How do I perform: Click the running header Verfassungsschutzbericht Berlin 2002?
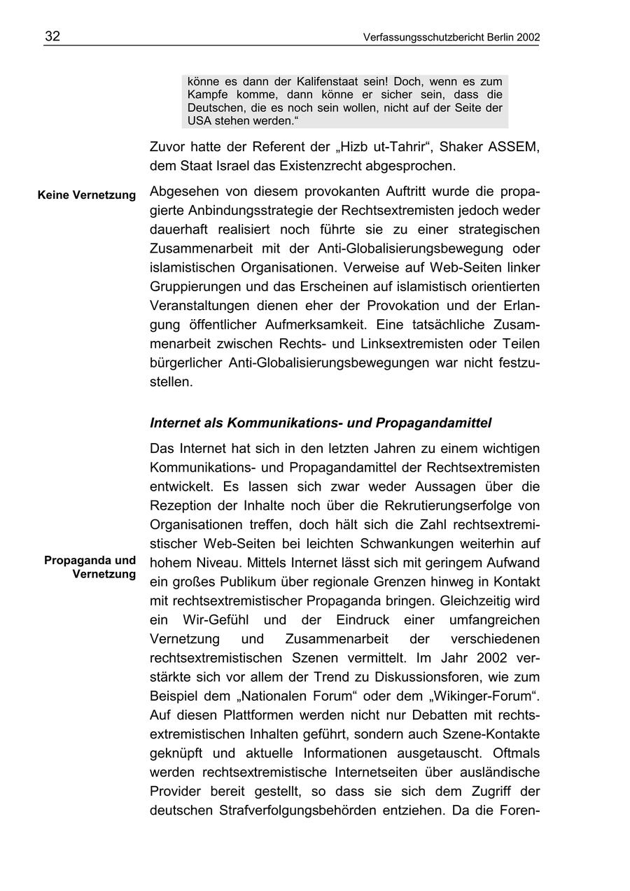(451, 38)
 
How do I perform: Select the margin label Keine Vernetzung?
(87, 195)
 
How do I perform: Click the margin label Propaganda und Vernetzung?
(90, 568)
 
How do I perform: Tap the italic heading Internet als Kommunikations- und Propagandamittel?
(321, 423)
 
